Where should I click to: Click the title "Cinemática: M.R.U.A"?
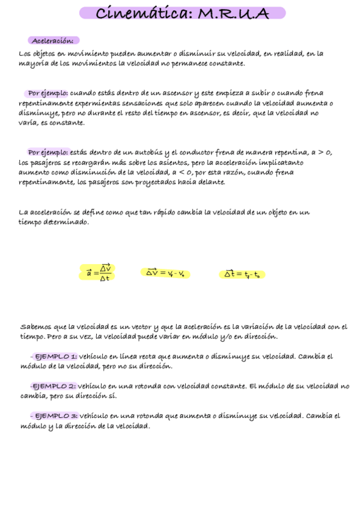click(x=182, y=13)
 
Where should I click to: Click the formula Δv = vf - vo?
click(x=165, y=273)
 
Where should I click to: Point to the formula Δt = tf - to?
click(x=242, y=274)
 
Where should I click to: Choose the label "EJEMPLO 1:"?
click(x=56, y=356)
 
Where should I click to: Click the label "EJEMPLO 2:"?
click(x=54, y=386)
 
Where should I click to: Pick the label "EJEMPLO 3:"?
click(x=56, y=416)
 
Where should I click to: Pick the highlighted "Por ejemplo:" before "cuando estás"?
click(x=47, y=93)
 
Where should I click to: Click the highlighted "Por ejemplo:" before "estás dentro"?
click(x=47, y=153)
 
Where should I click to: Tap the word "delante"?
click(x=210, y=182)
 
